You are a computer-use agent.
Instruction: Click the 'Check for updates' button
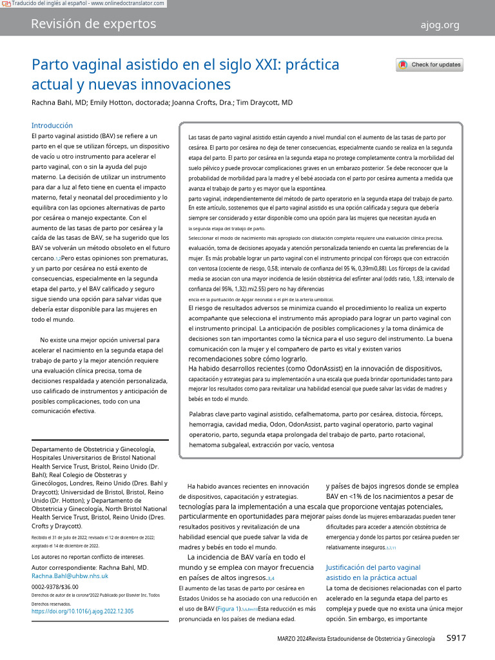(429, 64)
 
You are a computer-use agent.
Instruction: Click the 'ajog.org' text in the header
(440, 25)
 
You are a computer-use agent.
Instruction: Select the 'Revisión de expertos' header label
(93, 24)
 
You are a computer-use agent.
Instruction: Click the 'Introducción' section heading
(52, 125)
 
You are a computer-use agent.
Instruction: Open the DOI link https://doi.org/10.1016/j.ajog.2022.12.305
(82, 611)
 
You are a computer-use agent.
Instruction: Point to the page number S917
(456, 638)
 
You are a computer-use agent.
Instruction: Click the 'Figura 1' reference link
(229, 608)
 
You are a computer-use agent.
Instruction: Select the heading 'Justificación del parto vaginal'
(373, 567)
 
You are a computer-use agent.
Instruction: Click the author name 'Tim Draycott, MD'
(264, 102)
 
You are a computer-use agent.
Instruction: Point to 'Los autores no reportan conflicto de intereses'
(88, 556)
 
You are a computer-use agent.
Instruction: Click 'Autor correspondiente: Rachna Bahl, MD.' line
(90, 567)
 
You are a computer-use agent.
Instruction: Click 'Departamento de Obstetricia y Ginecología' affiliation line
(93, 449)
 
